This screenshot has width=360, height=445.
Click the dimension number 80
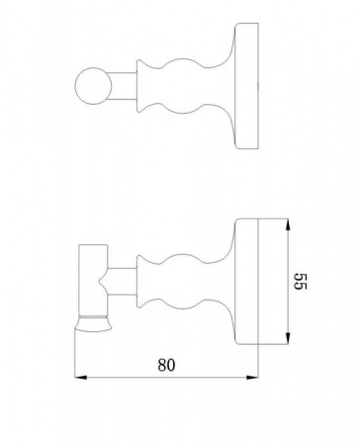tap(166, 365)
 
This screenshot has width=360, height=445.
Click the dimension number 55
tap(300, 281)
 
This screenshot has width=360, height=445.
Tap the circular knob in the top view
tap(93, 86)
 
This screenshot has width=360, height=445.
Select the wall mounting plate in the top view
tap(246, 86)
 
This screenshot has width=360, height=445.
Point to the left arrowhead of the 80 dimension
tap(81, 377)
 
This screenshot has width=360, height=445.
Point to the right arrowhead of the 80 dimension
tap(252, 377)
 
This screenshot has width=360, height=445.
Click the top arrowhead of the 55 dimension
tap(288, 224)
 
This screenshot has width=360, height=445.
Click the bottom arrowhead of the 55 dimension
tap(288, 339)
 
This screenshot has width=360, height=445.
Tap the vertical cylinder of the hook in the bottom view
tap(93, 281)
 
